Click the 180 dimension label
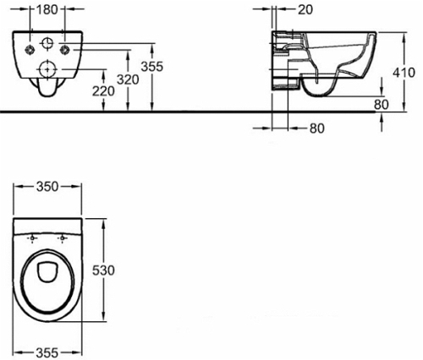(x=47, y=10)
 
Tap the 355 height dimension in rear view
(x=152, y=67)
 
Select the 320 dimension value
(x=128, y=79)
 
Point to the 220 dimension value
(x=104, y=91)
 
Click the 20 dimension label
(x=305, y=10)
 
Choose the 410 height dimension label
(x=404, y=73)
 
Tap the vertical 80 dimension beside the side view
(x=382, y=105)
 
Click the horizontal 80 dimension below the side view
(x=317, y=128)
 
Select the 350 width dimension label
(x=47, y=187)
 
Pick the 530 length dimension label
(x=103, y=270)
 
